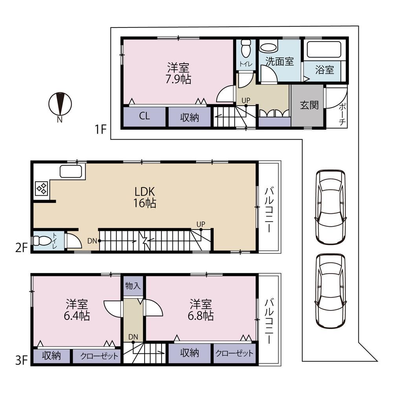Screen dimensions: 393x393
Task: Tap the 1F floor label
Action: tap(101, 130)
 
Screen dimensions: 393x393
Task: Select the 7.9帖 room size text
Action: tap(178, 79)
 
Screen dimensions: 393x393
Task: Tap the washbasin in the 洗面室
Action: tap(268, 48)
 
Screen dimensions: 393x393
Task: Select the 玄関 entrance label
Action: tap(309, 105)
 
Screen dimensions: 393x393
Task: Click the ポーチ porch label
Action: tap(342, 114)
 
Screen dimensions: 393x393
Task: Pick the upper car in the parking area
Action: tap(331, 207)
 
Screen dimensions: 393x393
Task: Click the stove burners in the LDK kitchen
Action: tap(42, 188)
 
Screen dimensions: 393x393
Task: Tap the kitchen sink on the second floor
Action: tap(71, 171)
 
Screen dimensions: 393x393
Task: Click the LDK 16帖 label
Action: tap(145, 197)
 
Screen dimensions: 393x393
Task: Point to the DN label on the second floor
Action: tap(92, 241)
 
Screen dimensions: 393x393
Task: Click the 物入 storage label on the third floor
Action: tap(133, 286)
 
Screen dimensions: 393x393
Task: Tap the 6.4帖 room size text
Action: tap(77, 316)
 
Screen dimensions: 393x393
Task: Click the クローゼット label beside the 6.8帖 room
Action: tap(234, 353)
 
